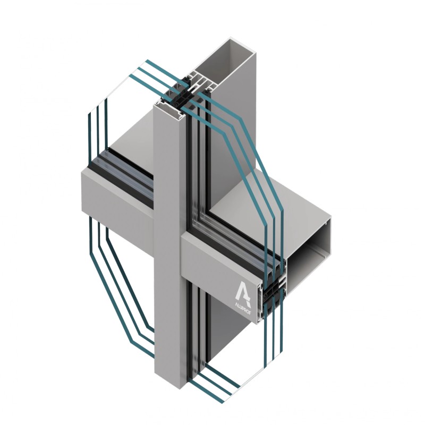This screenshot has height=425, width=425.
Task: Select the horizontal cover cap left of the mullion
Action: click(x=117, y=194)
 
